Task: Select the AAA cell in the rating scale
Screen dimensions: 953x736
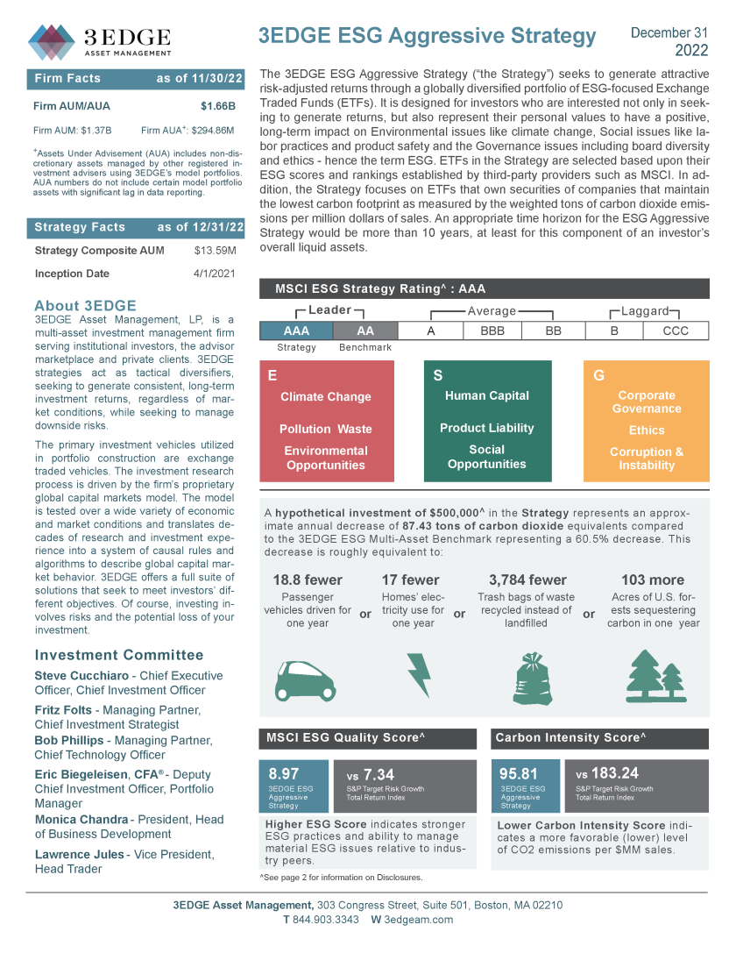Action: (x=296, y=331)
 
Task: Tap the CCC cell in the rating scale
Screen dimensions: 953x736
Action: (x=675, y=331)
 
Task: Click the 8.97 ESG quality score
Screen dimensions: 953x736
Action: (x=284, y=774)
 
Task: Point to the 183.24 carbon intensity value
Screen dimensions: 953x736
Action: (x=614, y=773)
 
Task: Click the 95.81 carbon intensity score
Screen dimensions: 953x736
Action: (x=518, y=774)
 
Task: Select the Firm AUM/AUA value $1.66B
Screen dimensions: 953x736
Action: (x=218, y=107)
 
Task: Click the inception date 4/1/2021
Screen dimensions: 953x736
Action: (x=215, y=274)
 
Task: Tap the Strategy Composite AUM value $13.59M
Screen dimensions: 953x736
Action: (x=215, y=251)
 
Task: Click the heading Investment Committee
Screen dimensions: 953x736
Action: (x=118, y=655)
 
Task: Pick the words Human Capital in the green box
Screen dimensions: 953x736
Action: (x=486, y=395)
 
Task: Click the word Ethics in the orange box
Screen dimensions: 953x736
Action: (x=647, y=430)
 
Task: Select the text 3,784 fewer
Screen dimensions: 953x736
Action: (x=527, y=580)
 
